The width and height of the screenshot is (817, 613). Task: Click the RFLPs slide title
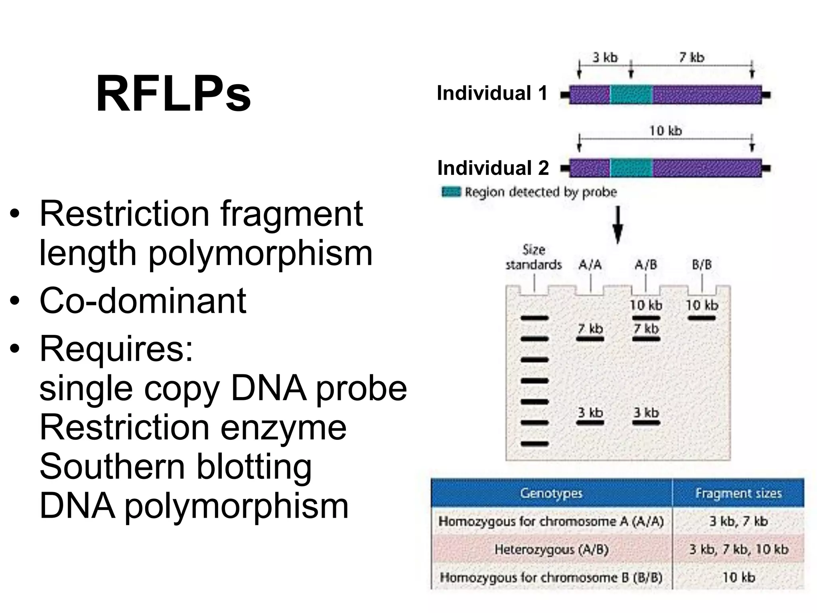pos(174,94)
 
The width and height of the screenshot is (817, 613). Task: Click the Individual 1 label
pos(492,93)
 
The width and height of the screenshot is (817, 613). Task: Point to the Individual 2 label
pos(493,168)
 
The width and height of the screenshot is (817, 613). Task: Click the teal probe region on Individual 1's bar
pos(631,95)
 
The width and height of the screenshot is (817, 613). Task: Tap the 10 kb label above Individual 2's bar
pos(665,131)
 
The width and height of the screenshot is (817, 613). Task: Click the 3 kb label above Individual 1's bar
pos(605,58)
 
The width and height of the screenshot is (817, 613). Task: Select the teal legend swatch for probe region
pos(451,192)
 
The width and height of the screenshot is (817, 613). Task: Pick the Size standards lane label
pos(533,257)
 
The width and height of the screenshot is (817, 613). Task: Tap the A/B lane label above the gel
pos(645,265)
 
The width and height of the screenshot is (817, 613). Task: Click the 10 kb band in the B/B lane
pos(702,318)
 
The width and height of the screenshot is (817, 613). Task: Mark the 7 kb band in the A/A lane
pos(590,339)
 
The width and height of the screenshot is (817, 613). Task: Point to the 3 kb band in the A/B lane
pos(646,423)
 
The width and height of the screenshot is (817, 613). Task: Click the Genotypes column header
pos(551,494)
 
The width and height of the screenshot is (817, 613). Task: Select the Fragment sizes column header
pos(738,494)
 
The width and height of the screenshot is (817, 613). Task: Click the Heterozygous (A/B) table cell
pos(551,550)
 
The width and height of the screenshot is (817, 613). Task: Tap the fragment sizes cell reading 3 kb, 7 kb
pos(738,522)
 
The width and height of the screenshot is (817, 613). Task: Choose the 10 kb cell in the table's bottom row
pos(738,577)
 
